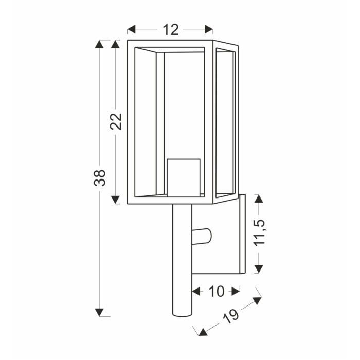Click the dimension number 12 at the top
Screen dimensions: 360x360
click(171, 30)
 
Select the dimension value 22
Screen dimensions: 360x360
click(116, 121)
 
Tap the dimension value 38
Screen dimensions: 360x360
click(100, 178)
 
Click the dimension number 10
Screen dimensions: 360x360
click(216, 292)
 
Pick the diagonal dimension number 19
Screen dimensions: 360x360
click(231, 316)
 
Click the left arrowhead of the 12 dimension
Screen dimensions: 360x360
click(131, 29)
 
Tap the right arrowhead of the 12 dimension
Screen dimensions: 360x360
click(209, 29)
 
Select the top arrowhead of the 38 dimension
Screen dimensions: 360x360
click(99, 44)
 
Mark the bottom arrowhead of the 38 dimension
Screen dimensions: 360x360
click(99, 313)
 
